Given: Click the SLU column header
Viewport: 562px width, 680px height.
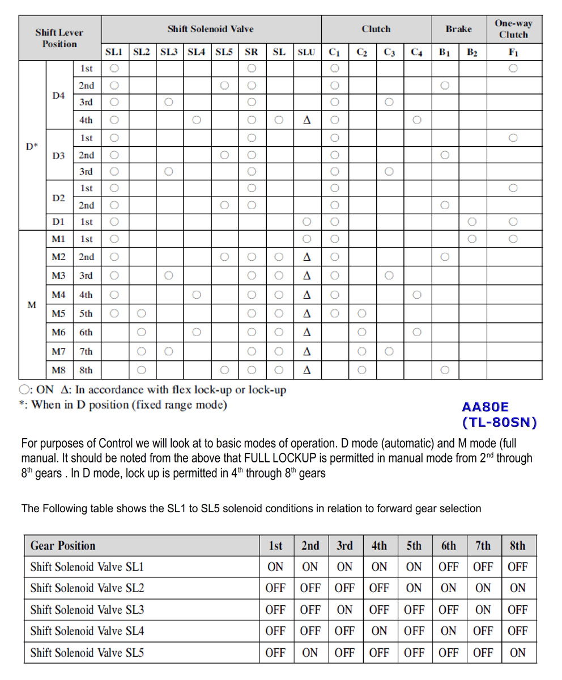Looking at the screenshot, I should click(x=306, y=52).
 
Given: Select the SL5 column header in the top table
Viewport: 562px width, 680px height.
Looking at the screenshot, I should click(x=224, y=52).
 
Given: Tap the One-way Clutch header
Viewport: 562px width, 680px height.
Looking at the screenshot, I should click(x=513, y=29).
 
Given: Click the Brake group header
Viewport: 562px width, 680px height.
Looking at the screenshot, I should click(x=459, y=29).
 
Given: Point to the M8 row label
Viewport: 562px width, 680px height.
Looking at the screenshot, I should click(x=59, y=370).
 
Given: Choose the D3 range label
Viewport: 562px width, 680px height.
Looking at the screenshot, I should click(x=59, y=155).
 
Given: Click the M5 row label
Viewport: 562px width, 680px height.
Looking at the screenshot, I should click(x=59, y=313).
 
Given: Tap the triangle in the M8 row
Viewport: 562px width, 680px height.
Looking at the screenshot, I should click(x=306, y=370).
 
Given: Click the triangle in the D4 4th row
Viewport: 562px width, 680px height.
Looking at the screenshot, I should click(x=306, y=120).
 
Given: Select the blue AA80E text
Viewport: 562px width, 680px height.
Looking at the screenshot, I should click(x=486, y=407).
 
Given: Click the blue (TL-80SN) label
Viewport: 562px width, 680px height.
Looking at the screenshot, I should click(x=499, y=422).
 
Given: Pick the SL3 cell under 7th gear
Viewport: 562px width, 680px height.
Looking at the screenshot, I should click(x=483, y=610).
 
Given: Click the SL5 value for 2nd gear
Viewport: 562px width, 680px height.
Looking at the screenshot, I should click(x=310, y=652).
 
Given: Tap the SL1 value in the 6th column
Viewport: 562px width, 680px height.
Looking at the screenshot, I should click(x=448, y=567).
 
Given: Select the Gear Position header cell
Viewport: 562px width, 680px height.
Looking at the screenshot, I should click(x=63, y=546).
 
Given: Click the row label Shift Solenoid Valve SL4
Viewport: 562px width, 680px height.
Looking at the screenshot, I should click(x=87, y=631).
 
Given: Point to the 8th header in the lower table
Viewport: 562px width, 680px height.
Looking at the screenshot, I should click(x=517, y=546).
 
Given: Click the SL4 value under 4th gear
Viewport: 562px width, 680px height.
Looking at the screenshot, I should click(x=379, y=631).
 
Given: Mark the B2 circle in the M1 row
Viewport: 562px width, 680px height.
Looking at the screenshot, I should click(x=472, y=239).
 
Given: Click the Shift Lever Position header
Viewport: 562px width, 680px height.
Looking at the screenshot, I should click(x=59, y=38).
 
